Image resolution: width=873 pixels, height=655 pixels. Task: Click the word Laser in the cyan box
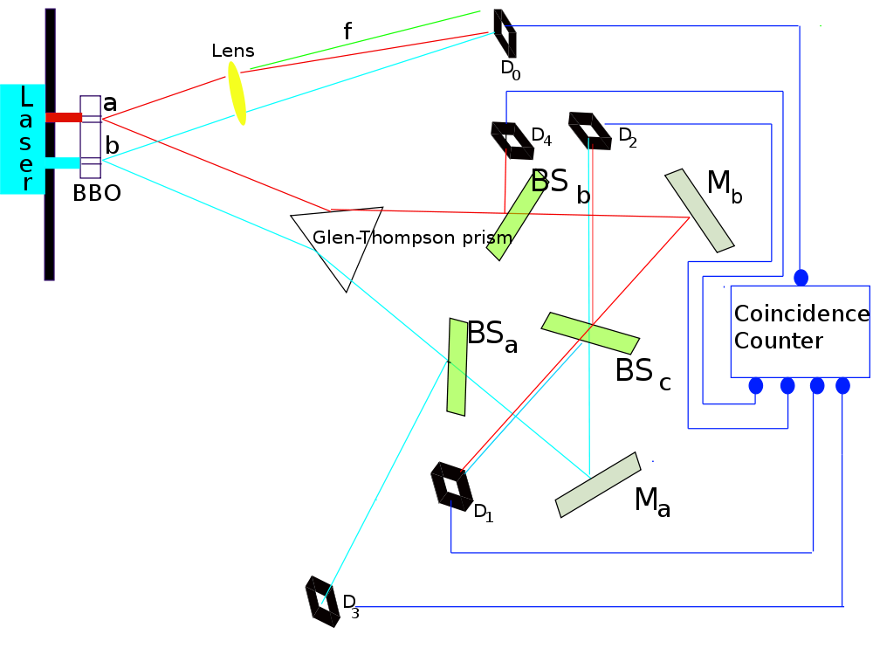24,140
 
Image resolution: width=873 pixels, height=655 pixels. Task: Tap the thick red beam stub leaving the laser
64,117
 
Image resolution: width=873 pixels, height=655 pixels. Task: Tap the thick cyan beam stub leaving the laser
63,162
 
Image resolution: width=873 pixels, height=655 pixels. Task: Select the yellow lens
237,93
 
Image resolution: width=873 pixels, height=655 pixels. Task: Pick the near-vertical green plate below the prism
457,367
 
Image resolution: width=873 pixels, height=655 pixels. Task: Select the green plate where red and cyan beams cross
590,333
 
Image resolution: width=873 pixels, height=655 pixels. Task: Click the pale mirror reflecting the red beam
699,210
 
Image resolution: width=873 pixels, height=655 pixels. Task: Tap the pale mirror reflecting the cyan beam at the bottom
599,485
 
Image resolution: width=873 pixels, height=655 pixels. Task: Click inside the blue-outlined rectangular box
800,331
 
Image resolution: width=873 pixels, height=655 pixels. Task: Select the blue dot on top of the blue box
801,277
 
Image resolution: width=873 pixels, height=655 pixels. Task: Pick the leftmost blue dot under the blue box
756,385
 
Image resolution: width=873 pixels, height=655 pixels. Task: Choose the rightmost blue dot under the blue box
842,385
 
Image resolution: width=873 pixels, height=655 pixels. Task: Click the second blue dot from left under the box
787,385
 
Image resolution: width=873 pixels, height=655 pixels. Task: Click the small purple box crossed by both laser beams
90,137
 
